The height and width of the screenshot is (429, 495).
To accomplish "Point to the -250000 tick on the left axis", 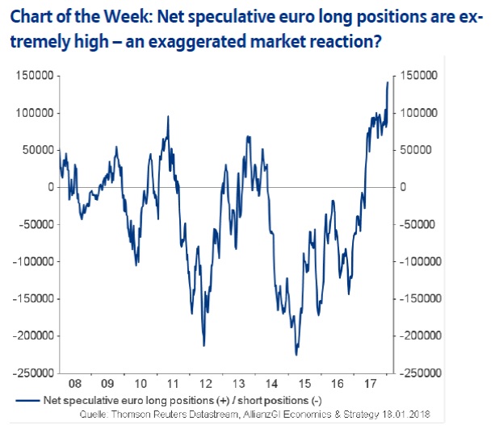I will click(x=36, y=373).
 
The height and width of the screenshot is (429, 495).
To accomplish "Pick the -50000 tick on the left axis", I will click(x=38, y=224).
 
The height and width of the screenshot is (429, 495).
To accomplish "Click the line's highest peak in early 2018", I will click(x=388, y=82).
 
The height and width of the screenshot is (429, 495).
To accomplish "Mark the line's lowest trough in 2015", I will click(x=296, y=355).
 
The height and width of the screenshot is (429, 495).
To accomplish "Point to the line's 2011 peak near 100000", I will click(x=168, y=117).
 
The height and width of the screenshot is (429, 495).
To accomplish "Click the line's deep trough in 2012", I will click(x=203, y=346).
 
